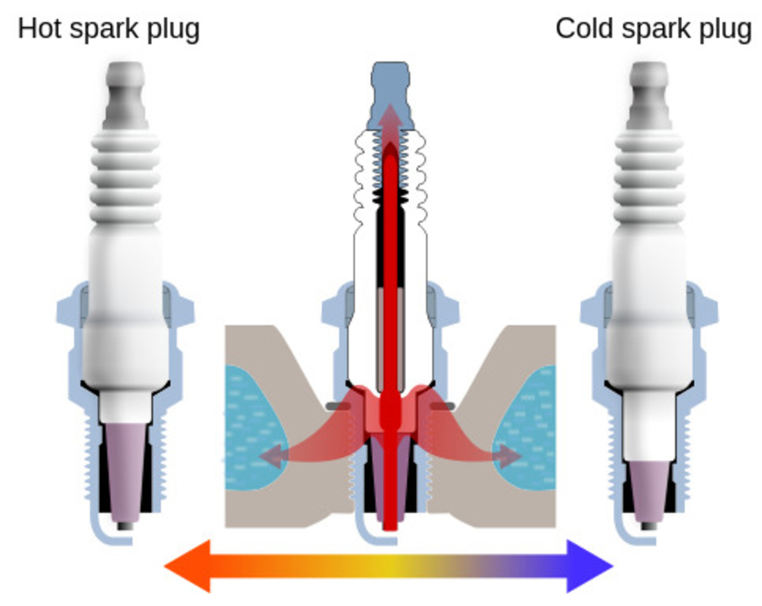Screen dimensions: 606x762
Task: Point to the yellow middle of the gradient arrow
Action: pos(389,566)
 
